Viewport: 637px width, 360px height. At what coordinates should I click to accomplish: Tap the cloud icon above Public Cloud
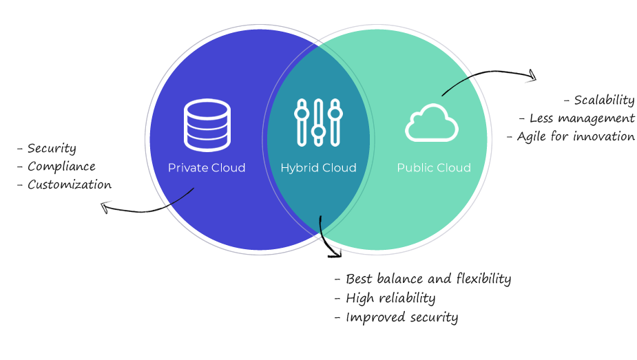click(x=432, y=124)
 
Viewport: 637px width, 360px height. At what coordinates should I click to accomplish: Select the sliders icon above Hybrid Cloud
click(x=318, y=123)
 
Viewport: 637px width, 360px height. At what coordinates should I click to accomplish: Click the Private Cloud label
click(x=207, y=168)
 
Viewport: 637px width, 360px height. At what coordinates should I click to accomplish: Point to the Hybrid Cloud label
click(x=318, y=168)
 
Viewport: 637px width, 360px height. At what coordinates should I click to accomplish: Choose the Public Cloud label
click(x=434, y=168)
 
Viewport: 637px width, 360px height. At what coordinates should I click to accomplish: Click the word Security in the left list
click(x=52, y=148)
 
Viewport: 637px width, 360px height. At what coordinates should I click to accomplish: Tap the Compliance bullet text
click(x=61, y=167)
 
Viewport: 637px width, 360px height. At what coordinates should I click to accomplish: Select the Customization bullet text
click(x=69, y=184)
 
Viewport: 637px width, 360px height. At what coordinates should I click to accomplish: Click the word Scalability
click(x=603, y=100)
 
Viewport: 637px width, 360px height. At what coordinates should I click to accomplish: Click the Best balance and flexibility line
click(x=428, y=279)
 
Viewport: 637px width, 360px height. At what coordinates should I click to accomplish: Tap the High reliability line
click(x=390, y=298)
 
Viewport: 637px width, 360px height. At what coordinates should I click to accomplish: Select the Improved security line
click(x=401, y=317)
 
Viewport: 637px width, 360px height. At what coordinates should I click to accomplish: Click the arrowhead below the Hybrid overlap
click(x=335, y=253)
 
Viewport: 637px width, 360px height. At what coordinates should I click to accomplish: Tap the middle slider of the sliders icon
click(x=318, y=129)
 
